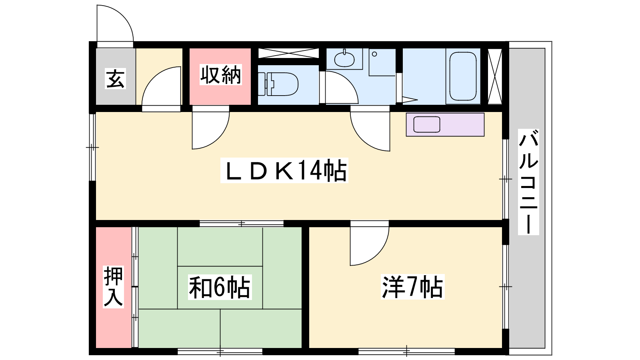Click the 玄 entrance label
[115, 78]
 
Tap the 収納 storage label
[220, 75]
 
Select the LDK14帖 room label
[284, 170]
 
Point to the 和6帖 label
[220, 287]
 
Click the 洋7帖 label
[412, 286]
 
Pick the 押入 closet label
[114, 286]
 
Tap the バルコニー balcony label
[528, 182]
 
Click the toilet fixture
[278, 84]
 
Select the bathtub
[463, 76]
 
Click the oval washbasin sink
[344, 60]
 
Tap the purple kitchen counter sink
[427, 124]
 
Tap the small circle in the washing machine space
[374, 54]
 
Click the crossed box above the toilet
[288, 53]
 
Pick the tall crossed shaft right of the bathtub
[495, 76]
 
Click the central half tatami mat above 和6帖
[220, 247]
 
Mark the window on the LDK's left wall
[92, 148]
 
